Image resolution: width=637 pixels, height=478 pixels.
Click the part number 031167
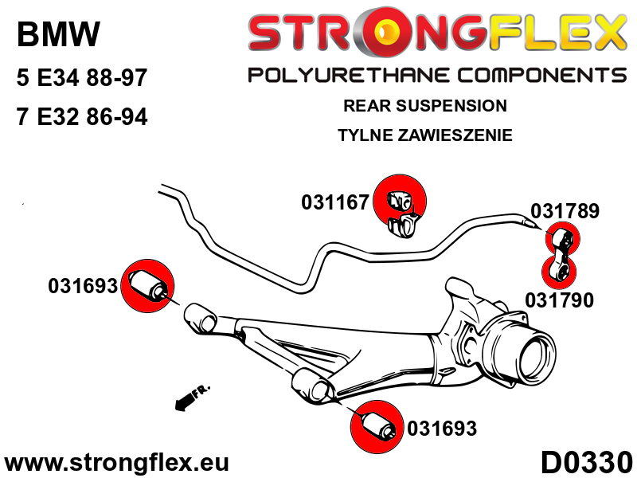coord(334,202)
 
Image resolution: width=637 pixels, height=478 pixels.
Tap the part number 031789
coord(565,211)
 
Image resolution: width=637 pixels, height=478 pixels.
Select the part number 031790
coord(559,300)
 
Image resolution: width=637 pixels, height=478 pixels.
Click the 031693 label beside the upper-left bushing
coord(83,285)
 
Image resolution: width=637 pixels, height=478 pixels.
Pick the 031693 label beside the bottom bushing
coord(442,429)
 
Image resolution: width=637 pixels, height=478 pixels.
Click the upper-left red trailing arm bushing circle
coord(149,285)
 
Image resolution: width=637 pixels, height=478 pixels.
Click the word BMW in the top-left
coord(58,34)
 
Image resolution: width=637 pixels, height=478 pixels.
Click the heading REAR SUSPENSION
coord(424,105)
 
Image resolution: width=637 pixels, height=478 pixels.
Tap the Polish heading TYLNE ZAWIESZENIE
coord(424,135)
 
